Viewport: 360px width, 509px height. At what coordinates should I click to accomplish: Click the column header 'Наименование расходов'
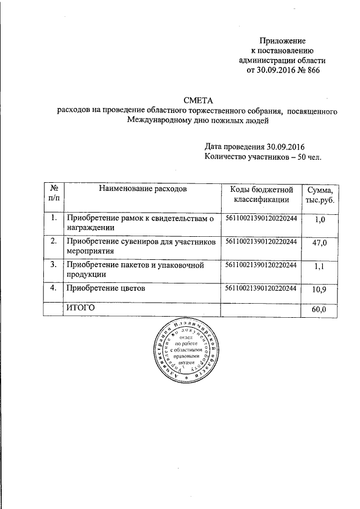[x=143, y=189]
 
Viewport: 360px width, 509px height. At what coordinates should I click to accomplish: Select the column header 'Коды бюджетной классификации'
[x=261, y=194]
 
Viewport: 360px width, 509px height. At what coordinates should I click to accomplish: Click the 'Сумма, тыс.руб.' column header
[x=321, y=194]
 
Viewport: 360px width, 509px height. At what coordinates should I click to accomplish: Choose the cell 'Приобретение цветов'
[x=106, y=288]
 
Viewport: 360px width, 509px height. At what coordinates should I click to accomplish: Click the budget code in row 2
[x=261, y=241]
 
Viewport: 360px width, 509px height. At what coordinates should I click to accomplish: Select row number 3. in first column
[x=53, y=264]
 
